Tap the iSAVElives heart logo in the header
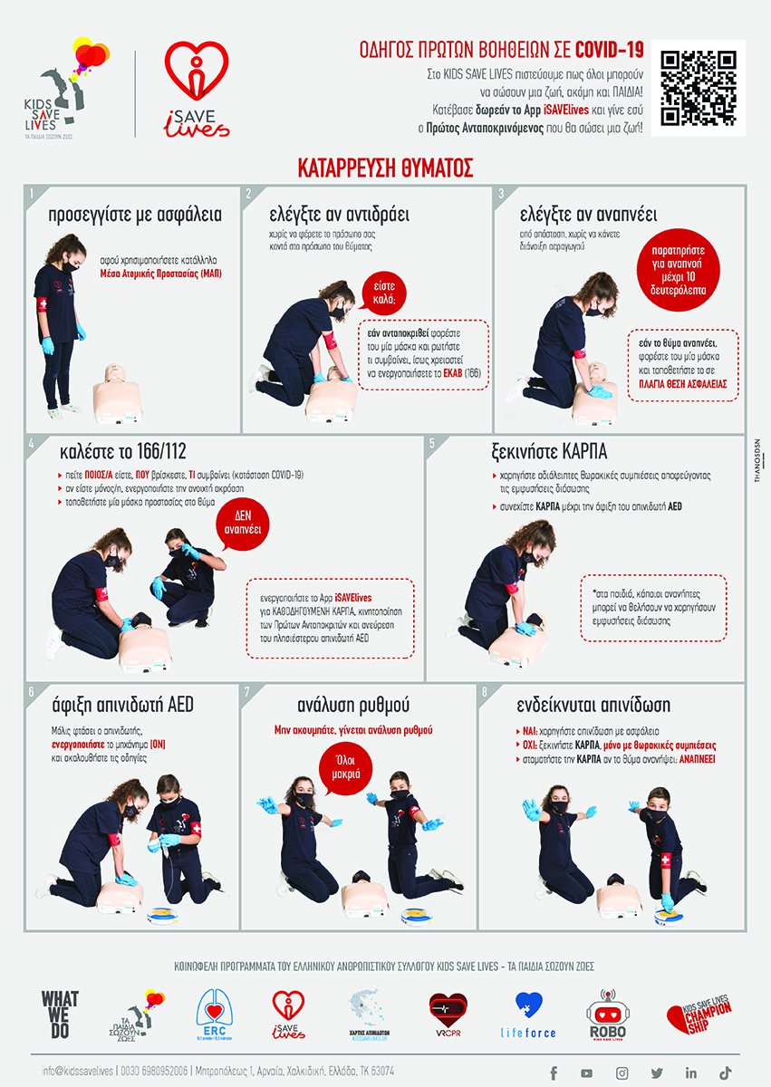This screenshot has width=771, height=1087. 191,89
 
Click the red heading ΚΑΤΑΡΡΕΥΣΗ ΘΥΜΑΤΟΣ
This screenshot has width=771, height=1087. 385,168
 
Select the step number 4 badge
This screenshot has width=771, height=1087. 33,444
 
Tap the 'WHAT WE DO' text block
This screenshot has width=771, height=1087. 60,1012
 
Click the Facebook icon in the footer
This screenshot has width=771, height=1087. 553,1073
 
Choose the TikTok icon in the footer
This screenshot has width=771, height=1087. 725,1073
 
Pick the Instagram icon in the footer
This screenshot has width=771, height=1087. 622,1073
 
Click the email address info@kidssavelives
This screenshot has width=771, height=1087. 78,1072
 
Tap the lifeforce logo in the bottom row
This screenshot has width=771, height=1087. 528,1014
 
